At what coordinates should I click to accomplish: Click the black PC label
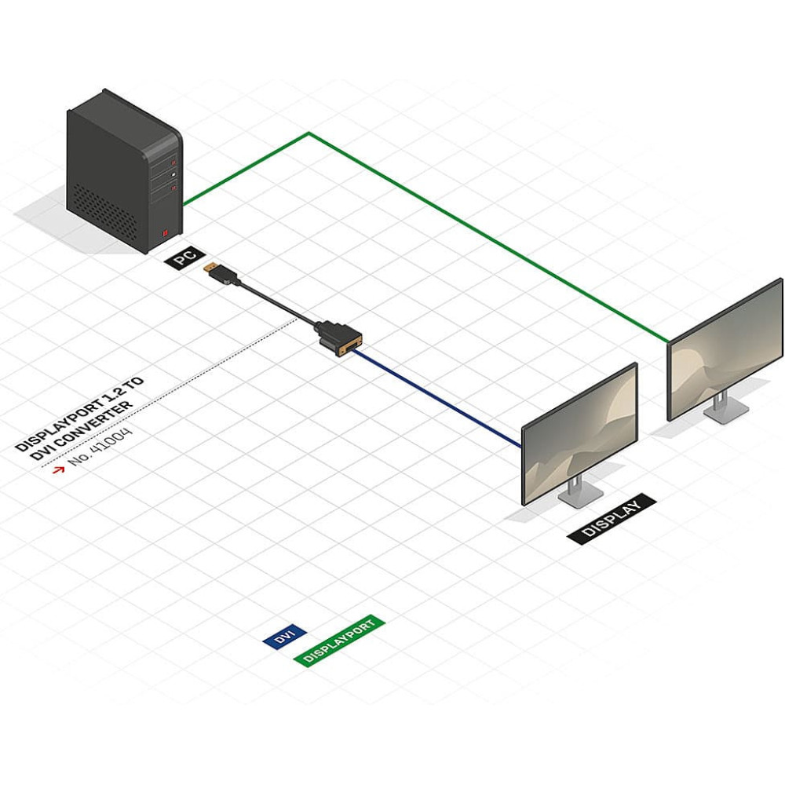point(184,258)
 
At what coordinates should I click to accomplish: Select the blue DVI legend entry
point(283,638)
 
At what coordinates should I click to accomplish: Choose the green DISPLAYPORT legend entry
point(339,641)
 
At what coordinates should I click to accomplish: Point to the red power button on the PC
point(165,232)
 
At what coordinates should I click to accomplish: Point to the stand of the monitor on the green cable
point(721,405)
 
